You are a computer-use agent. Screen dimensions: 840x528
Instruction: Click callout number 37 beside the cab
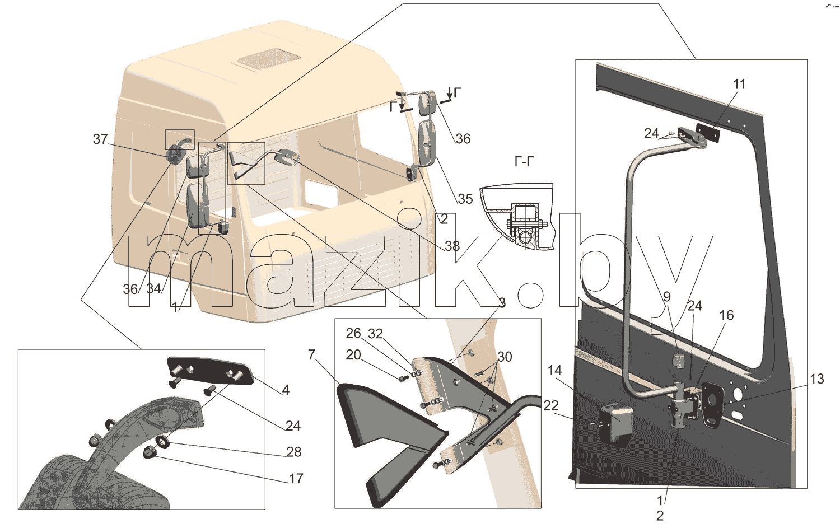click(x=100, y=139)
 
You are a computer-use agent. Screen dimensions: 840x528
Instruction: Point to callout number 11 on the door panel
click(x=739, y=85)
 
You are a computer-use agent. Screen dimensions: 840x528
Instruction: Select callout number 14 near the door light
click(x=554, y=371)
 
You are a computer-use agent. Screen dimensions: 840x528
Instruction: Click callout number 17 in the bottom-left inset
click(x=296, y=479)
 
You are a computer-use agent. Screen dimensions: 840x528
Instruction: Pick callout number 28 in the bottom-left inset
click(x=293, y=452)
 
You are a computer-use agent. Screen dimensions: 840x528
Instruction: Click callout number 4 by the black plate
click(x=286, y=390)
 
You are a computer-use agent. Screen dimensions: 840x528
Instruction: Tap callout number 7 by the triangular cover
click(x=311, y=354)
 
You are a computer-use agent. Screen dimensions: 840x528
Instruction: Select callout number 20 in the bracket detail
click(x=353, y=355)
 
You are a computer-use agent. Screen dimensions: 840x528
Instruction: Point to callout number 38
click(x=452, y=246)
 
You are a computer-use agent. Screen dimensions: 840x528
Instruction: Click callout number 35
click(x=465, y=199)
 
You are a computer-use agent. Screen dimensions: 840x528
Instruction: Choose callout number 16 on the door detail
click(x=726, y=315)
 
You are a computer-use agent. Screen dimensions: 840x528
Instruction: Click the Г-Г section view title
click(x=524, y=162)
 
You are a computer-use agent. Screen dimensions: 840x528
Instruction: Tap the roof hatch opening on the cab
click(x=269, y=60)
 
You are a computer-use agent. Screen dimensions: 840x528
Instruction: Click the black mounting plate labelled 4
click(x=210, y=371)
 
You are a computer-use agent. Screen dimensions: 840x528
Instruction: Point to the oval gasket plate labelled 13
click(x=711, y=404)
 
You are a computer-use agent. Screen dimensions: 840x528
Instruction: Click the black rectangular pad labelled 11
click(x=708, y=133)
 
